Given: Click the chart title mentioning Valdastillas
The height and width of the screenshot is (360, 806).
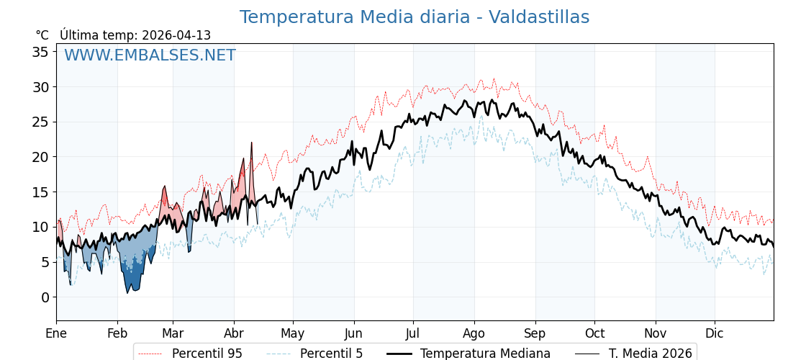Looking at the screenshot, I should click(x=414, y=17).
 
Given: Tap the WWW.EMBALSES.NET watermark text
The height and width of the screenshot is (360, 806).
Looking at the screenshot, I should click(x=150, y=55).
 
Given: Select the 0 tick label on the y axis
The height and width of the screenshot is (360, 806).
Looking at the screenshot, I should click(x=45, y=297).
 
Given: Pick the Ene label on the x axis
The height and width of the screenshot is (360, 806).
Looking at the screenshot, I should click(x=56, y=333).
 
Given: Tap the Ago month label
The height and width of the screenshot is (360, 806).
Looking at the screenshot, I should click(x=474, y=333).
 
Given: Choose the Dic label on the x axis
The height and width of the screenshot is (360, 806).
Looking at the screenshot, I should click(x=715, y=333).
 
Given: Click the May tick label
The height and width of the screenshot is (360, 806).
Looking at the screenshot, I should click(x=293, y=333).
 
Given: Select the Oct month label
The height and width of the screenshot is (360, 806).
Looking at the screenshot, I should click(x=594, y=333).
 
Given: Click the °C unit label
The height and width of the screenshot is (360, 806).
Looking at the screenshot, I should click(x=42, y=35).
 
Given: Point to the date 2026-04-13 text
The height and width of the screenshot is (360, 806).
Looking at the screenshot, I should click(x=176, y=35).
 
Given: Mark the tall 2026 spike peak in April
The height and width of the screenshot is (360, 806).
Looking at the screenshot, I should click(x=252, y=143).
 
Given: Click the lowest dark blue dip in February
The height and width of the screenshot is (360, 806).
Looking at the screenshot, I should click(x=128, y=292).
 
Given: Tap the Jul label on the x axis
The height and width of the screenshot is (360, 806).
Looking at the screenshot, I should click(x=413, y=333).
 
